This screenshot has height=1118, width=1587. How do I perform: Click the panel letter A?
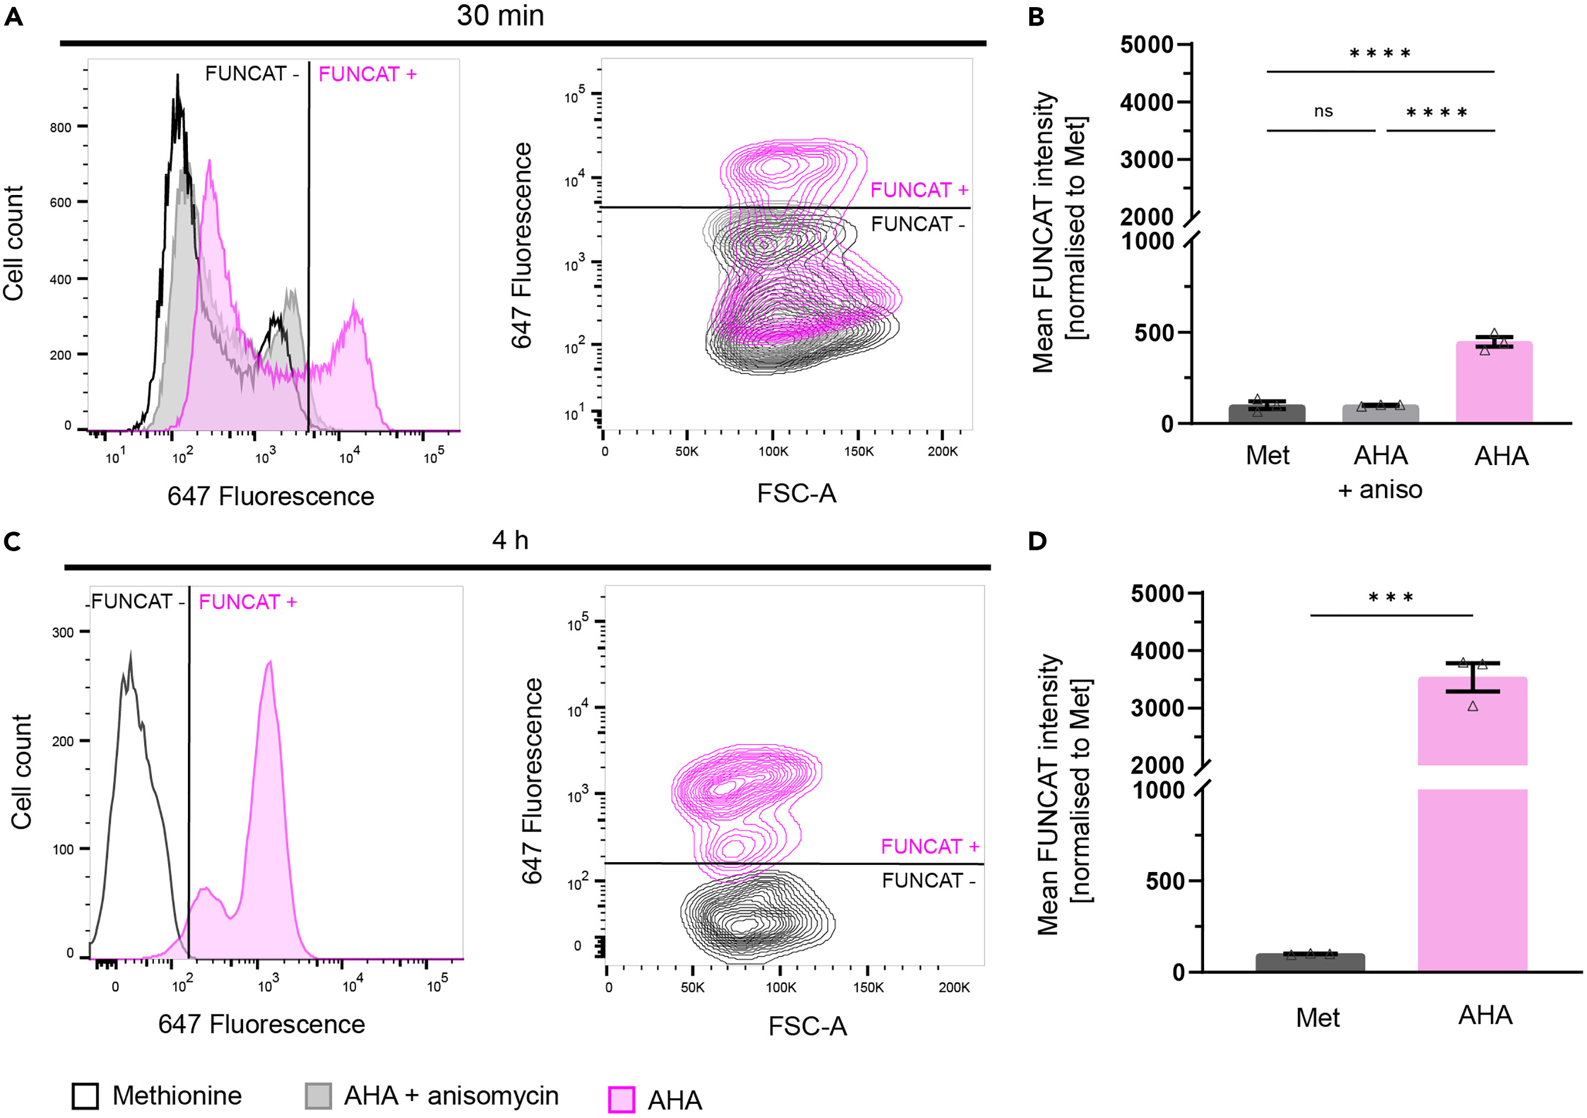(13, 16)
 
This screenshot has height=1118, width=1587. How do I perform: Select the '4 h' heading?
(510, 540)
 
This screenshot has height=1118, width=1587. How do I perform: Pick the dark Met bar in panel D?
(1310, 962)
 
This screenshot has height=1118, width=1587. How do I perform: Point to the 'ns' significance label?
(1323, 111)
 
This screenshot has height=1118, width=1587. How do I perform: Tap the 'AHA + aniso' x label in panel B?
(1380, 472)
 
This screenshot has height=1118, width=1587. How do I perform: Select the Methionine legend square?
(85, 1096)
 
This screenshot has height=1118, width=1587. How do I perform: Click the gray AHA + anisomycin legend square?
(318, 1096)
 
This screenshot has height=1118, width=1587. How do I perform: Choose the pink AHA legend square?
(621, 1099)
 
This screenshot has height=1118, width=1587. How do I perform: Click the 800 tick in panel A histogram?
(60, 127)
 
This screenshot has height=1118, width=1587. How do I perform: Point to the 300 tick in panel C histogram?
(62, 632)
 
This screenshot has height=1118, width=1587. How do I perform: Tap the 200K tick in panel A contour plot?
(942, 451)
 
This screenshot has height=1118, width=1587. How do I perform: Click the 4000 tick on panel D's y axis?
(1157, 651)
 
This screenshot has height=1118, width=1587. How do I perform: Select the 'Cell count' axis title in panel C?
(21, 772)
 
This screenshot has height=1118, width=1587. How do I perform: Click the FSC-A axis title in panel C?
(807, 1026)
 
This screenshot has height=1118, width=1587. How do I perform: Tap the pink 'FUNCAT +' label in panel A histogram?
(367, 74)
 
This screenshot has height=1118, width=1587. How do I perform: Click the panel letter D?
(1037, 541)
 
